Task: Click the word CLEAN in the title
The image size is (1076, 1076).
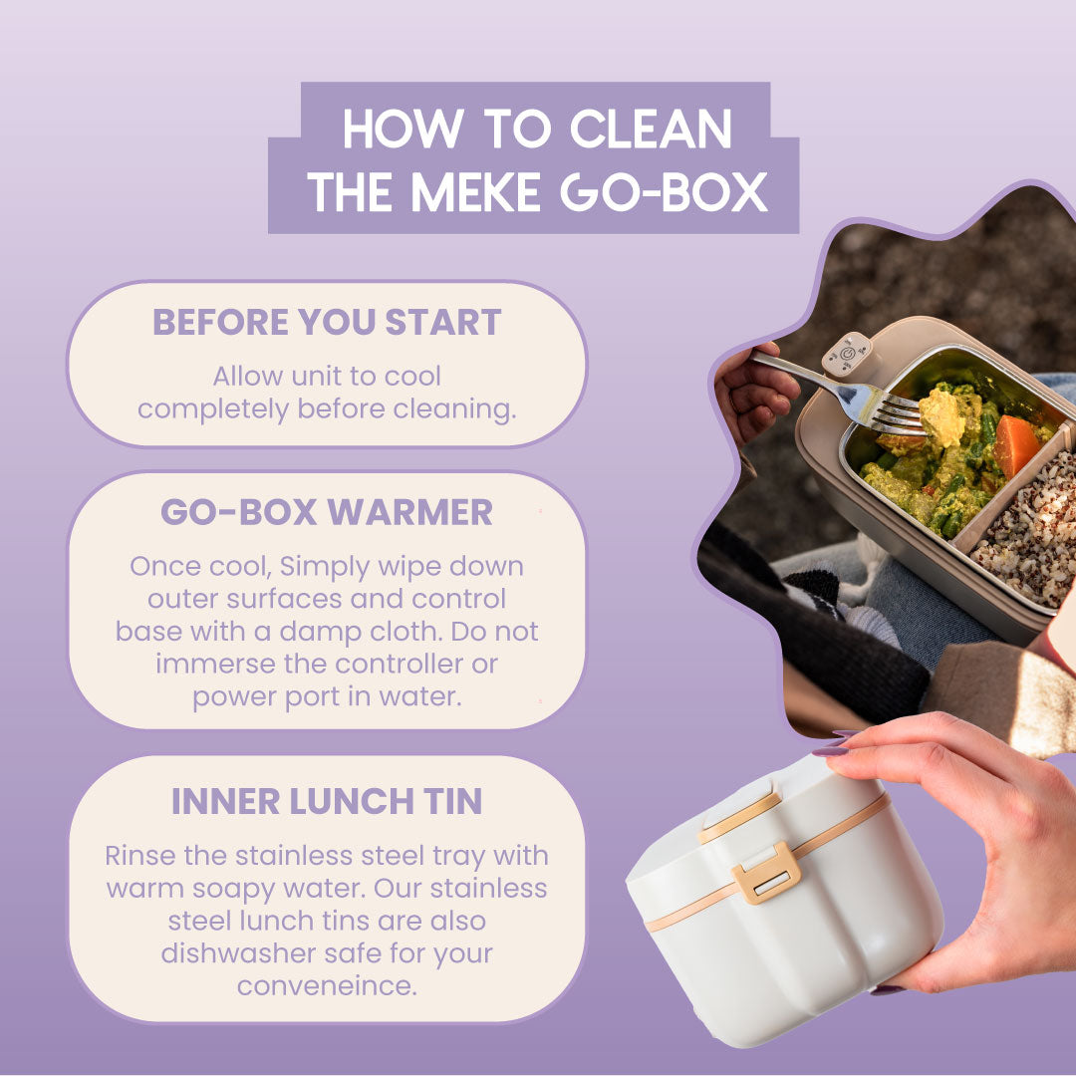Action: point(651,129)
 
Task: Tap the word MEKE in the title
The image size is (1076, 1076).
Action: point(475,192)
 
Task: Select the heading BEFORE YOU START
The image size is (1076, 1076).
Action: point(327,322)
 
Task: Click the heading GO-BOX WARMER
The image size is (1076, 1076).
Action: point(327,512)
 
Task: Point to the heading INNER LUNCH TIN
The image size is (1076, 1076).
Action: point(327,801)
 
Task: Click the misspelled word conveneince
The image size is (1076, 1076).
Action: point(327,986)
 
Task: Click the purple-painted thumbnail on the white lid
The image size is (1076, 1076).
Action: point(831,751)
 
